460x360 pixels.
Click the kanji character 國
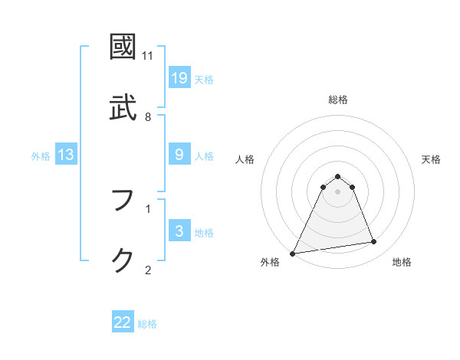pos(124,47)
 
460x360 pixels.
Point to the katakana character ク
pos(124,260)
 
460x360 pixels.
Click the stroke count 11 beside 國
pos(148,56)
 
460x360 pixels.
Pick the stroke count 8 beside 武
pos(148,116)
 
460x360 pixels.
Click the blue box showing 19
pos(179,78)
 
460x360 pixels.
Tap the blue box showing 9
pos(179,155)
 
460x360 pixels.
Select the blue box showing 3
pos(179,231)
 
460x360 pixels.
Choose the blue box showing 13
pos(66,155)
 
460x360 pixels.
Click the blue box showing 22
pos(123,322)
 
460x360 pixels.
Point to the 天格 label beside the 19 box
pos(204,80)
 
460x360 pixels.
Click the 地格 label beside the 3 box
pos(204,233)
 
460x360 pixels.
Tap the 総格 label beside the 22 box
pos(148,324)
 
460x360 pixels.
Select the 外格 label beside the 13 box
pos(41,156)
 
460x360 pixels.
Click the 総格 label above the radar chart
pos(338,100)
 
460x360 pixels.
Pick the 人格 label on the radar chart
pos(245,159)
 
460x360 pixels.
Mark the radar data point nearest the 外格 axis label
pos(293,253)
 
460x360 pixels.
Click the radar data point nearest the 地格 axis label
pos(374,242)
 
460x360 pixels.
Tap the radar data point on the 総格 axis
pos(338,176)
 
